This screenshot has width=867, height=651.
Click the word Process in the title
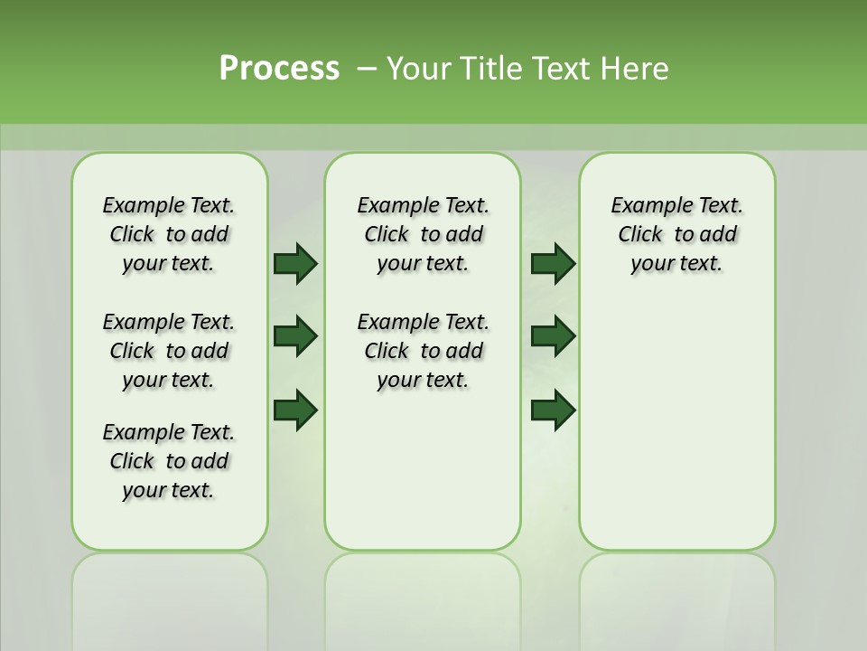(x=279, y=68)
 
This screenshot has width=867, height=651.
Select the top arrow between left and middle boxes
(x=295, y=263)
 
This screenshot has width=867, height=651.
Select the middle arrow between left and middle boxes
(x=295, y=336)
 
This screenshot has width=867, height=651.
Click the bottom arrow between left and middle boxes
(x=295, y=410)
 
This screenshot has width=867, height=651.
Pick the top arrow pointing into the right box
(x=554, y=263)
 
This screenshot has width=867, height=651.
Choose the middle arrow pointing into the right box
(x=554, y=336)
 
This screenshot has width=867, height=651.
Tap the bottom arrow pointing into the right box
(x=554, y=410)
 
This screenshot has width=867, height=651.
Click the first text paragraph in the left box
(x=169, y=234)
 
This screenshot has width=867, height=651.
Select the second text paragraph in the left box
(x=169, y=351)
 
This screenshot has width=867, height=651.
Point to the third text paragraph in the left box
(x=169, y=461)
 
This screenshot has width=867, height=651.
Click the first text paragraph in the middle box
(x=423, y=234)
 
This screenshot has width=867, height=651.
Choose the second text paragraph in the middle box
(x=423, y=351)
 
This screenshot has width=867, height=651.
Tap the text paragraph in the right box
(x=676, y=234)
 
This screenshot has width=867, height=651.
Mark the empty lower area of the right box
(x=676, y=425)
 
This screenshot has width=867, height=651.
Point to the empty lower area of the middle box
(x=423, y=470)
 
